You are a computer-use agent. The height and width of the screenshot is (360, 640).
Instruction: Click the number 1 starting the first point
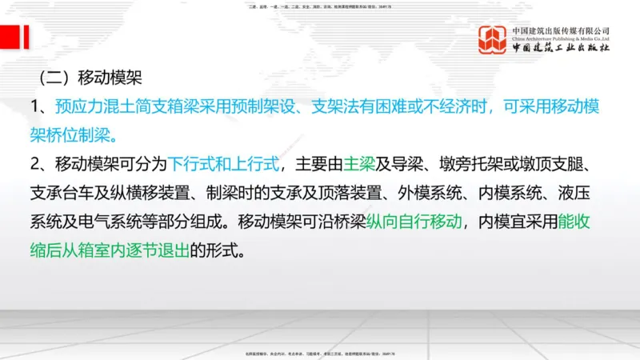[x=35, y=106]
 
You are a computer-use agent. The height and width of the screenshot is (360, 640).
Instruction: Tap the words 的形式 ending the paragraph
[x=216, y=250]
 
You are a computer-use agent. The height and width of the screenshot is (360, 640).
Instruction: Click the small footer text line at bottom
[x=320, y=354]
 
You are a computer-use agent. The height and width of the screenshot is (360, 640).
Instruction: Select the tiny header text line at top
[x=320, y=6]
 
